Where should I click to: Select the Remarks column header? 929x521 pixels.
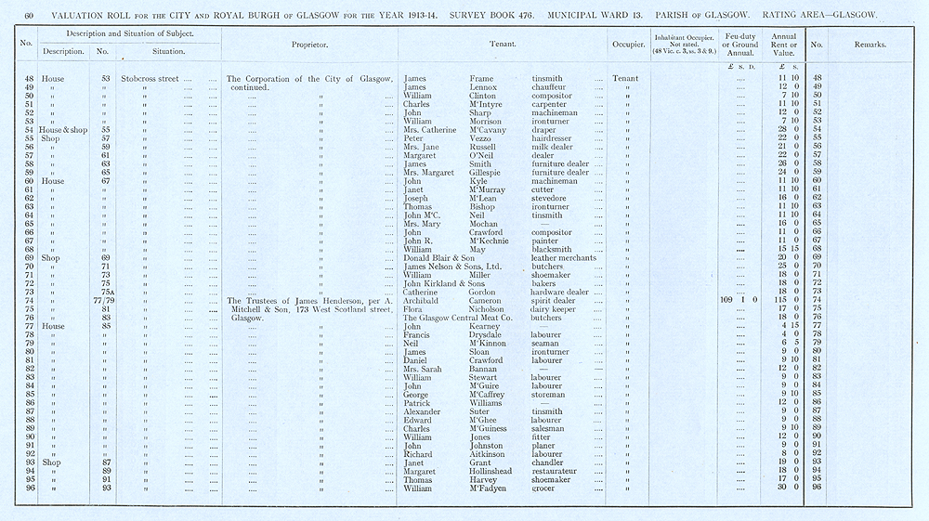(x=870, y=44)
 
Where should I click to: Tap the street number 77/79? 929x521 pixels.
(x=102, y=300)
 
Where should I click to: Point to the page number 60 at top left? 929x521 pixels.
(x=29, y=16)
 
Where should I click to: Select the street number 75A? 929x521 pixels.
(x=106, y=292)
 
